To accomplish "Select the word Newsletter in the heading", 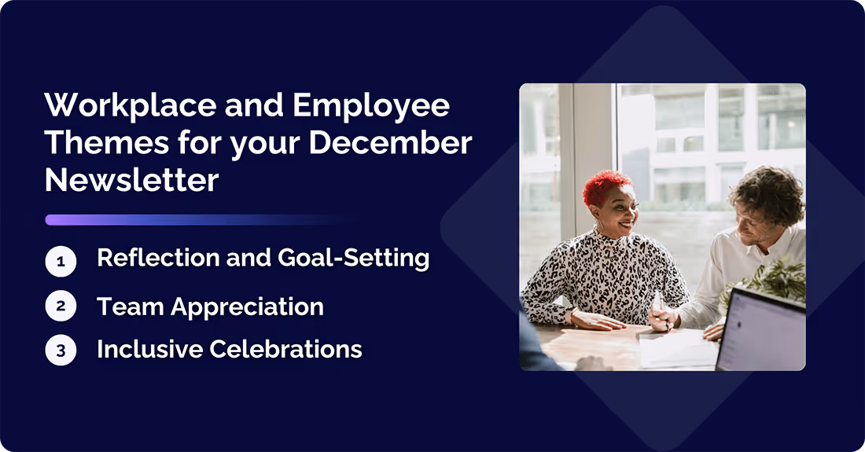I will tap(131, 181).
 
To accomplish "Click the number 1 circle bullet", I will tap(61, 261).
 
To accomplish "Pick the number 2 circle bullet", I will tap(61, 307).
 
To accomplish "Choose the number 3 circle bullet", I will tap(61, 350).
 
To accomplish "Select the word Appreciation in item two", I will tap(248, 307).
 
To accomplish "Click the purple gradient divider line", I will tap(197, 220).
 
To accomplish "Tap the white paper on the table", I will tap(676, 348).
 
